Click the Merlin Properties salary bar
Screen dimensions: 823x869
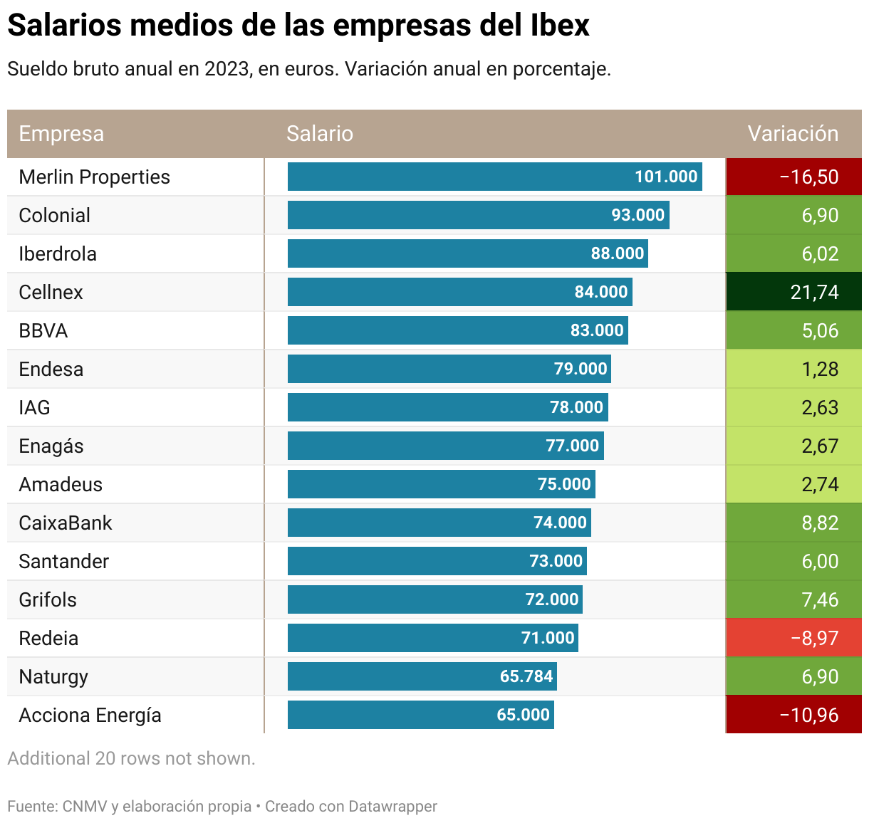point(494,177)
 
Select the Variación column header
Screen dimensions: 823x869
point(793,134)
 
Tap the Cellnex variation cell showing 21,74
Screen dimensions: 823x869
point(793,292)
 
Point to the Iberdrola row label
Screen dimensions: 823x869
point(58,253)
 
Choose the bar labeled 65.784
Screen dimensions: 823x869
point(422,676)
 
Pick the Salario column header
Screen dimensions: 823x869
point(320,134)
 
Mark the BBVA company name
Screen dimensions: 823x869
point(43,330)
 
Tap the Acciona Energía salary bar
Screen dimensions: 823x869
point(420,715)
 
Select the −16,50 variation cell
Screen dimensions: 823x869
point(793,177)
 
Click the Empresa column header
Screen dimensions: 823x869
point(61,134)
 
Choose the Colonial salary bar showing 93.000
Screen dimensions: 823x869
point(478,215)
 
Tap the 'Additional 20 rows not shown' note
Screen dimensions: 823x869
point(131,758)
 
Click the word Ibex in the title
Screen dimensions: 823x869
point(560,26)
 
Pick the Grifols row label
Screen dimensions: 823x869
point(48,599)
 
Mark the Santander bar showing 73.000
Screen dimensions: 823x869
point(437,561)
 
